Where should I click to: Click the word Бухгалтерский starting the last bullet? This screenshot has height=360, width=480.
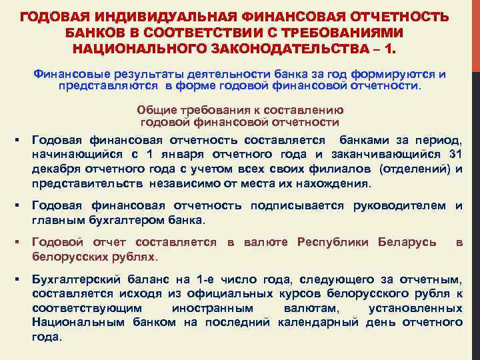tap(75, 279)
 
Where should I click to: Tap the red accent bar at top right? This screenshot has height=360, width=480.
tap(475, 33)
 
